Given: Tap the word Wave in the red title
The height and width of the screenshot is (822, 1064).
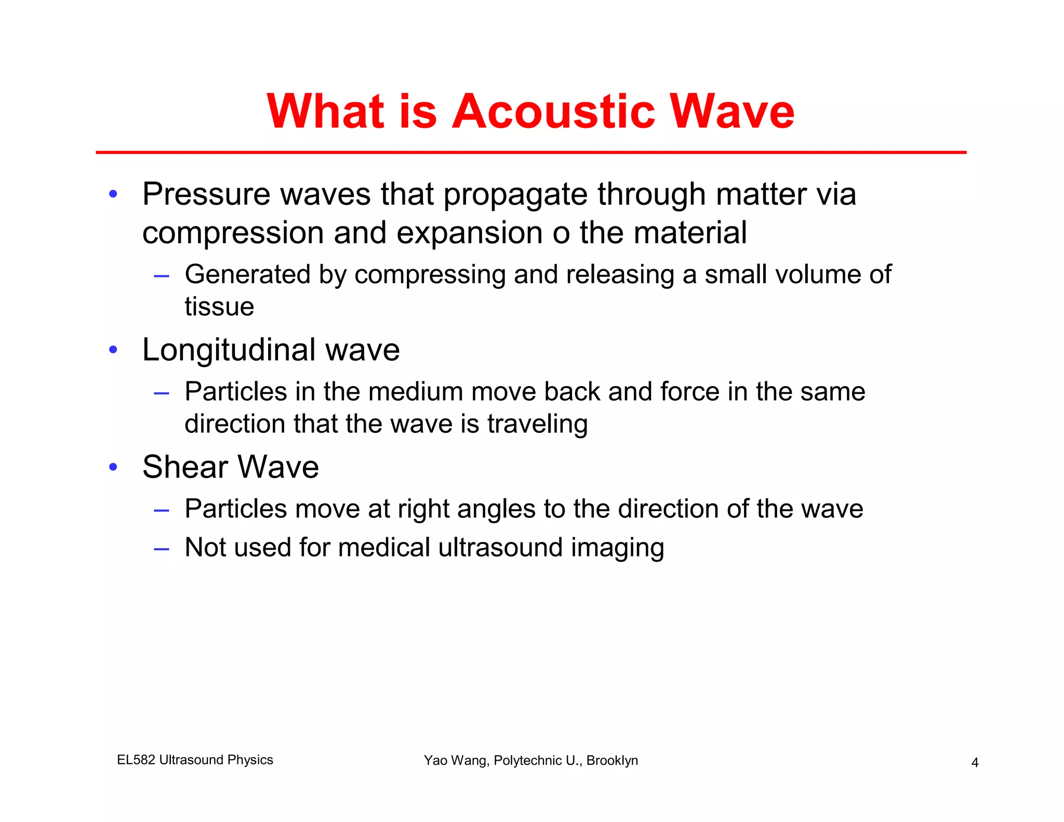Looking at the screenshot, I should tap(732, 112).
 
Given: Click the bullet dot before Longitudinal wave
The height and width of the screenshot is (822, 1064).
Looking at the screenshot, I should tap(113, 350).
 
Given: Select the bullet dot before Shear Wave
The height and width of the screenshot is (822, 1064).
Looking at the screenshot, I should tap(113, 467).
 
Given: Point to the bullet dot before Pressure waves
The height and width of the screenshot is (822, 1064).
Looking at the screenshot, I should tap(113, 194).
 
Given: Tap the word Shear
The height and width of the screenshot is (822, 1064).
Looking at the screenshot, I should tap(185, 467).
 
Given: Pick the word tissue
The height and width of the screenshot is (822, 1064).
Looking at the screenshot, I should tap(219, 307).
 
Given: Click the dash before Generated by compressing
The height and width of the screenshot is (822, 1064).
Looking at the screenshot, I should tap(162, 276).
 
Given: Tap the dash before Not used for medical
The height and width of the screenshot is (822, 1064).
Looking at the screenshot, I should tap(162, 549).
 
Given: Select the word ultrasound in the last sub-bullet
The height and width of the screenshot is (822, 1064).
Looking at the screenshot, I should tap(500, 548).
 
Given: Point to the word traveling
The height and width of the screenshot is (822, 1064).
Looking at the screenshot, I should tap(537, 425).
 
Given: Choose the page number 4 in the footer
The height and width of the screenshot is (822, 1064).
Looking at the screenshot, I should tap(975, 763).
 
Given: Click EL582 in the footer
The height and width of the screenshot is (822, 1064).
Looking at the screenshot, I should tap(136, 760).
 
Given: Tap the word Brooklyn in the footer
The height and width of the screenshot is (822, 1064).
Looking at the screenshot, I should tap(612, 761).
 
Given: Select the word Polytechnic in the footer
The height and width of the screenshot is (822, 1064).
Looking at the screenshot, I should tap(526, 761).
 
